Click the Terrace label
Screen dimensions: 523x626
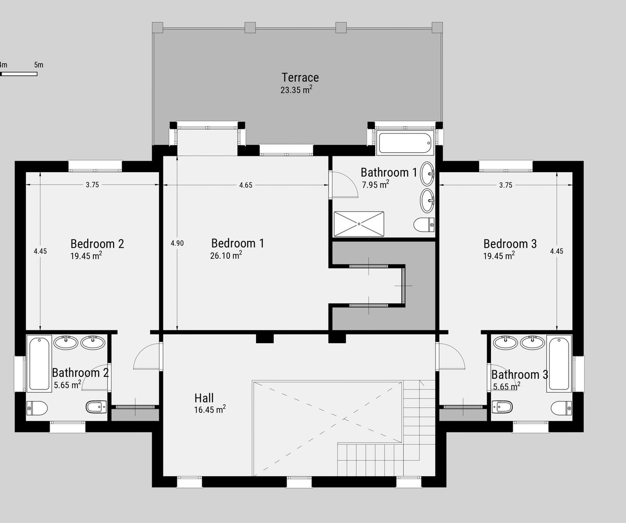pyautogui.click(x=300, y=78)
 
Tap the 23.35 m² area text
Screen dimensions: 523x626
pyautogui.click(x=296, y=90)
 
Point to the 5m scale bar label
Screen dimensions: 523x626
pyautogui.click(x=38, y=65)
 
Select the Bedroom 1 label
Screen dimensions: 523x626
pyautogui.click(x=237, y=243)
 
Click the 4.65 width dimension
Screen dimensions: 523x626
pyautogui.click(x=246, y=185)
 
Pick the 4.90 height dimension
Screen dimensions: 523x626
pyautogui.click(x=177, y=243)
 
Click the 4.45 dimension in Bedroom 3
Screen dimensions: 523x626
pyautogui.click(x=557, y=251)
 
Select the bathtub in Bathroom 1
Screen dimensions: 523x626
pyautogui.click(x=405, y=142)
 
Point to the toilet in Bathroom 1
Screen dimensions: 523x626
pyautogui.click(x=424, y=225)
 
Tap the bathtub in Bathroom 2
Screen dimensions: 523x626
pyautogui.click(x=39, y=364)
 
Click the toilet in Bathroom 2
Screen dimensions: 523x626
pyautogui.click(x=37, y=407)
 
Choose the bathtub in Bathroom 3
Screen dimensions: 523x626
pyautogui.click(x=559, y=364)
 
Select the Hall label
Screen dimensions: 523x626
pyautogui.click(x=203, y=398)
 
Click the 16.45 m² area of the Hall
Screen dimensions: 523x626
pyautogui.click(x=209, y=410)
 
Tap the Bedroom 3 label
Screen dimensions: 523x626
pyautogui.click(x=510, y=244)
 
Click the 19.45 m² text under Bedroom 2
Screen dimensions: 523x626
pyautogui.click(x=86, y=256)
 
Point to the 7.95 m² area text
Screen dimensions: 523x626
pyautogui.click(x=376, y=184)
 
